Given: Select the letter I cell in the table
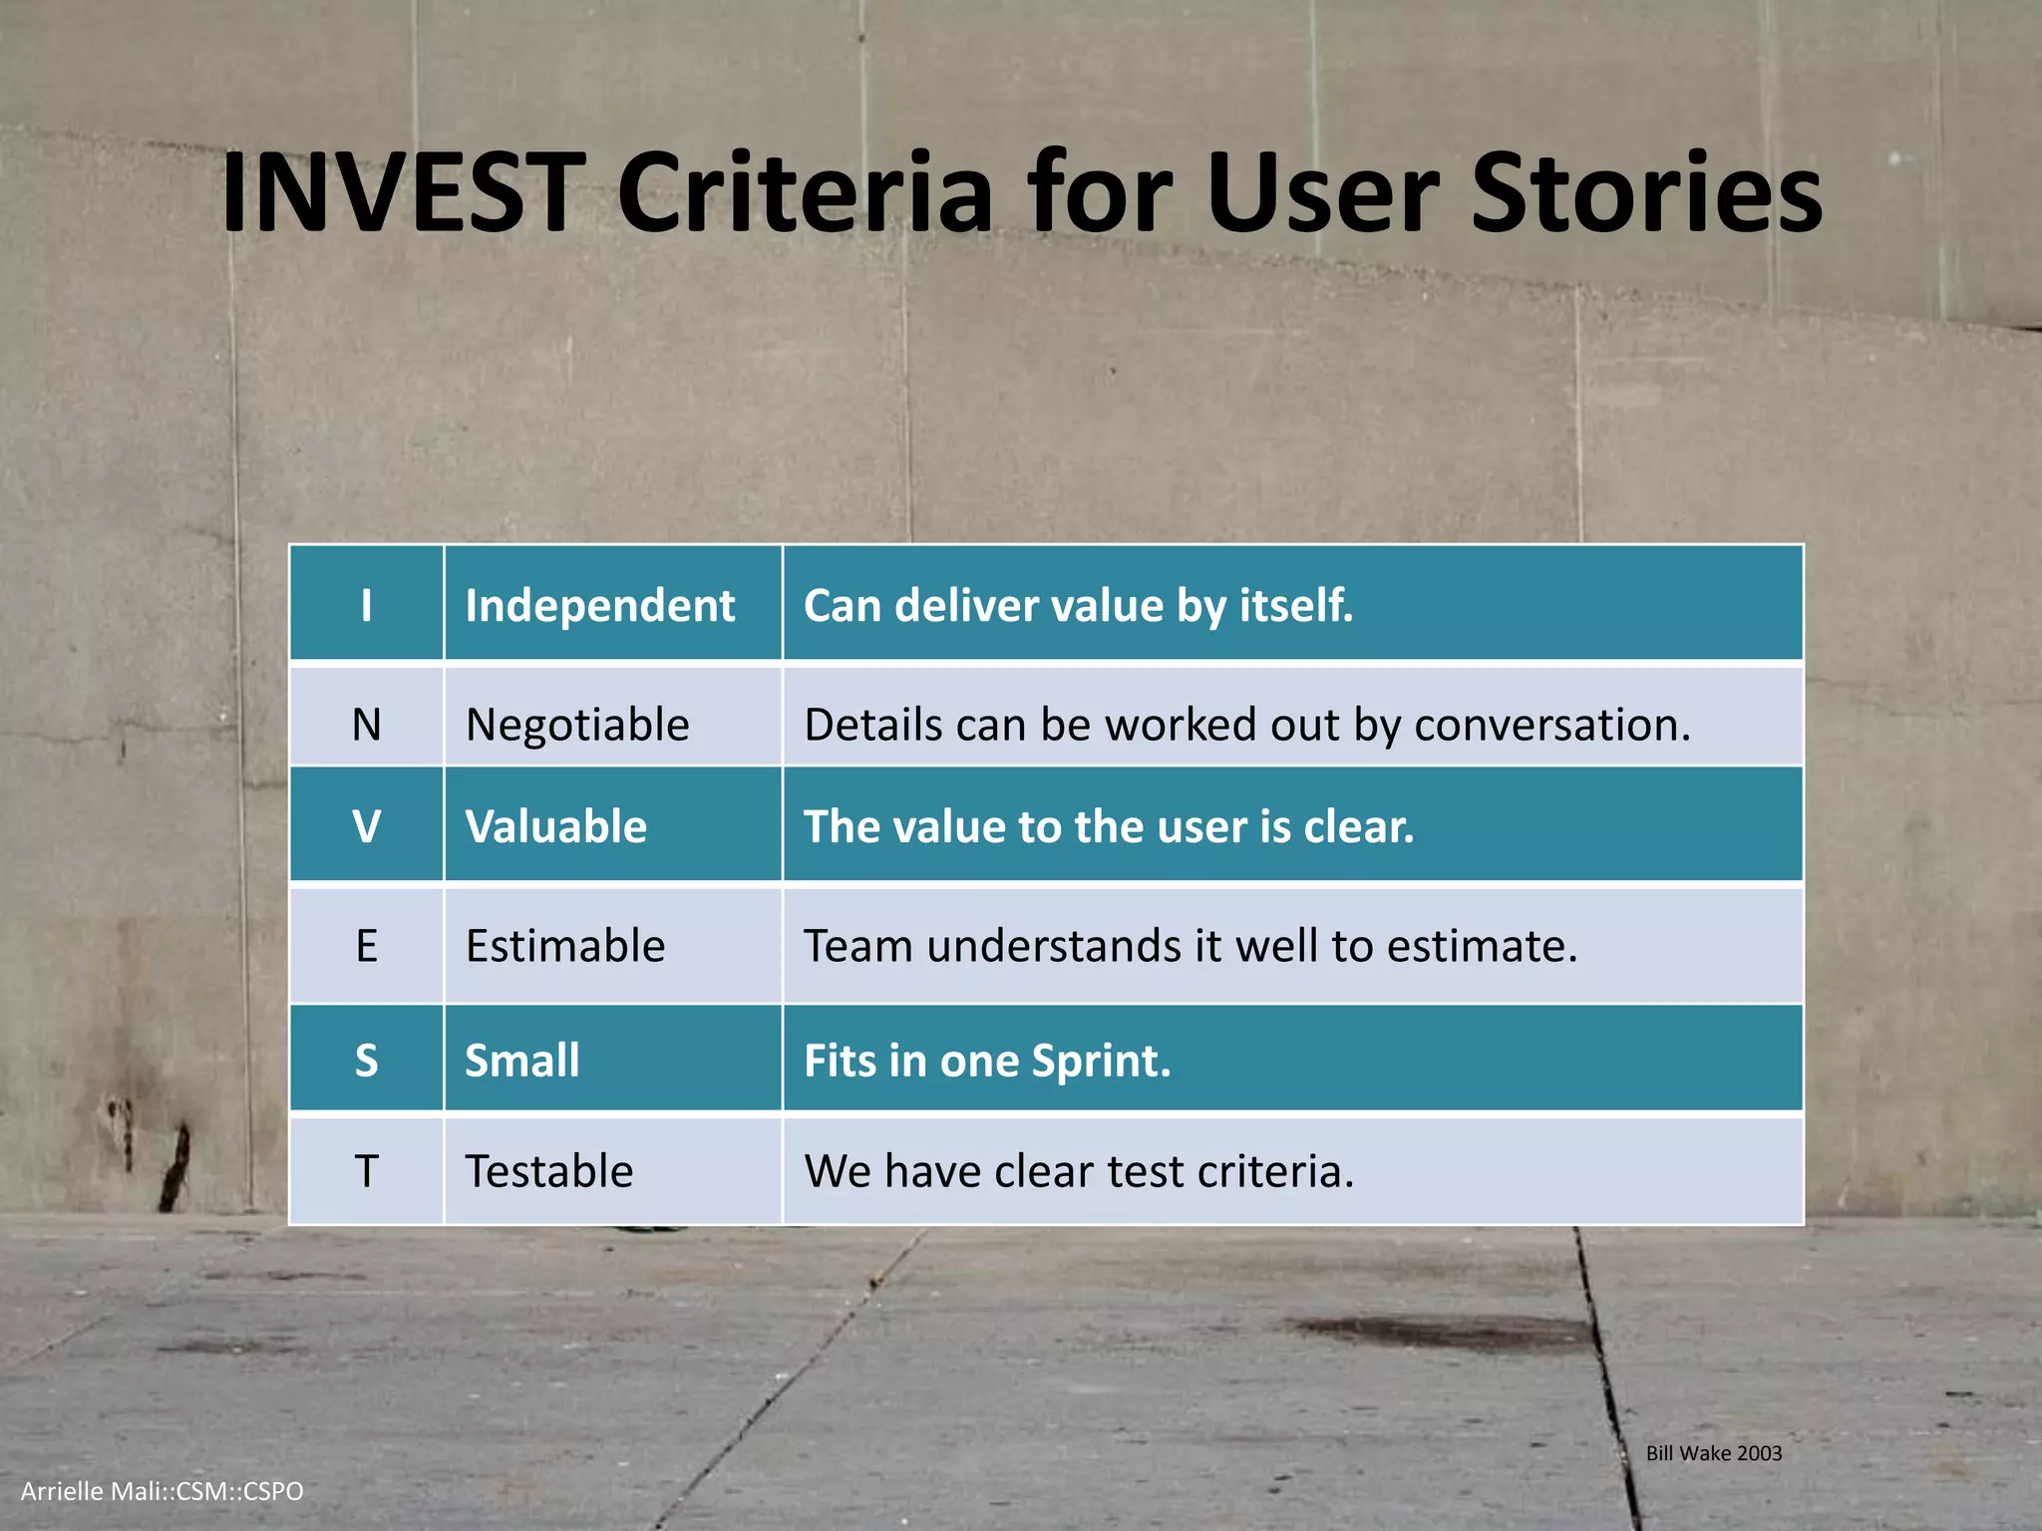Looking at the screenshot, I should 366,605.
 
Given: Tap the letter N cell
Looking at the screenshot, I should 366,724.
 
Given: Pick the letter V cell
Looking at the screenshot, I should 366,826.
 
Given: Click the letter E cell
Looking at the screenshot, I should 366,945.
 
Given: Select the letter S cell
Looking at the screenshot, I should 366,1060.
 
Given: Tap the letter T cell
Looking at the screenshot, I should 366,1170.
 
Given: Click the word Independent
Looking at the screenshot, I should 599,606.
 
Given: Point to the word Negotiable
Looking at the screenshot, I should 577,725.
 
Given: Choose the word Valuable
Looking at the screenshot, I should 555,827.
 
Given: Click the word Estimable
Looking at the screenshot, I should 564,946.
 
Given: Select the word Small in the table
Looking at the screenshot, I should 521,1061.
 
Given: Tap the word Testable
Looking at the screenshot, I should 548,1171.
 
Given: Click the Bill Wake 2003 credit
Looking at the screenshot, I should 1713,1453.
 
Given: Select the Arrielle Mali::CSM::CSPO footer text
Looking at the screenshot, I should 162,1491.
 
